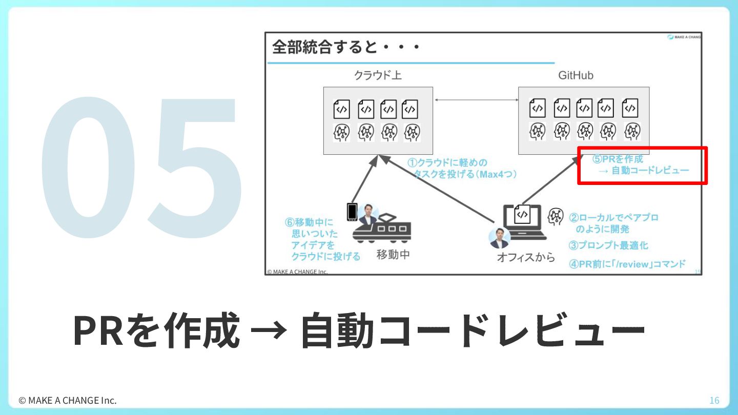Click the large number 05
tap(141, 167)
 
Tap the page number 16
tap(714, 400)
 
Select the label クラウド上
tap(378, 75)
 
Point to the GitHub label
tap(576, 75)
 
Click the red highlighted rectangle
tap(643, 165)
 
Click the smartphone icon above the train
tap(352, 212)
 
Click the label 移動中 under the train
tap(393, 254)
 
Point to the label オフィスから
tap(525, 257)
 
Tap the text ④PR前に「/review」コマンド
tap(627, 264)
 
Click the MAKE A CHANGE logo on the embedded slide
tap(685, 37)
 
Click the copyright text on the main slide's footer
tap(68, 400)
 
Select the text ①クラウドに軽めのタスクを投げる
tap(461, 169)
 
